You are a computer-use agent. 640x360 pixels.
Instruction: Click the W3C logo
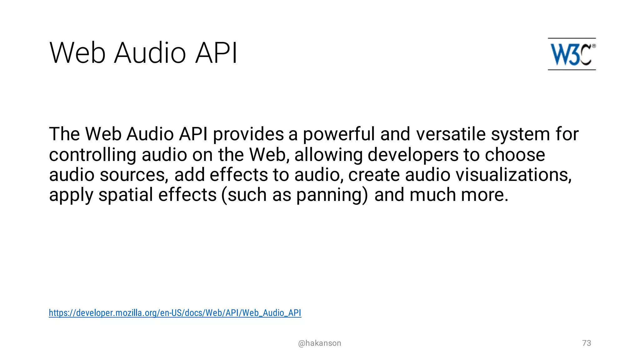pyautogui.click(x=572, y=54)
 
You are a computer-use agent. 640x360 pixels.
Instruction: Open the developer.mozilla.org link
pyautogui.click(x=175, y=313)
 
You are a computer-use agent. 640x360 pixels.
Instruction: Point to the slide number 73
pyautogui.click(x=587, y=343)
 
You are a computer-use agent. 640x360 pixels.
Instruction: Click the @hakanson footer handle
pyautogui.click(x=319, y=343)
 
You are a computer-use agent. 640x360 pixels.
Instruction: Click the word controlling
pyautogui.click(x=92, y=155)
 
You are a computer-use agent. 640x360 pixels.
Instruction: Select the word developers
pyautogui.click(x=412, y=155)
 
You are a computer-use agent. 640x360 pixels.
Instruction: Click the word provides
pyautogui.click(x=248, y=134)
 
